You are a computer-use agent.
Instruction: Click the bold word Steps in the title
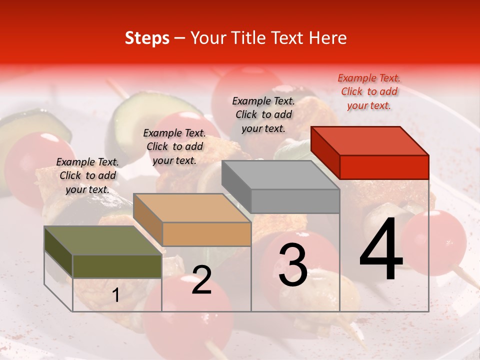147,38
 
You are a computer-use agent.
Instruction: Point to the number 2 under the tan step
201,280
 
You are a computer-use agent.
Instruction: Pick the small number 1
115,295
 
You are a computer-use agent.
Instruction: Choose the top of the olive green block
102,240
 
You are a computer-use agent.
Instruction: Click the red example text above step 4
369,91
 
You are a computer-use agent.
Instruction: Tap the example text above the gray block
263,114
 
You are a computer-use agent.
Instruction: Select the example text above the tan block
174,146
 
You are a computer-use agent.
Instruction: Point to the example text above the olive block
87,175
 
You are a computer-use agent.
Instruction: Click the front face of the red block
384,167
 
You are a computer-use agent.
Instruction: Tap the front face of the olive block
117,266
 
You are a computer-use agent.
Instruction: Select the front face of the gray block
295,201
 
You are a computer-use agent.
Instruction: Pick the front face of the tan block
206,234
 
